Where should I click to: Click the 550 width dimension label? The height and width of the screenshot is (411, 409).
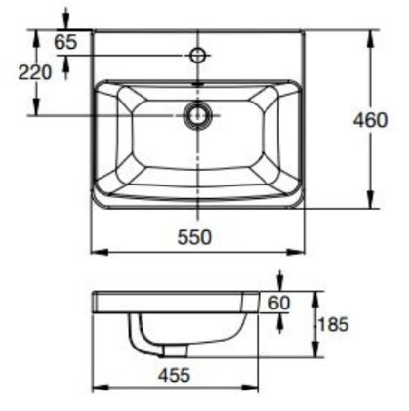pyautogui.click(x=195, y=236)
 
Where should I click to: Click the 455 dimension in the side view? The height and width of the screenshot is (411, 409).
pyautogui.click(x=177, y=374)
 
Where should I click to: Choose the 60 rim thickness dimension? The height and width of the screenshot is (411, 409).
pyautogui.click(x=279, y=303)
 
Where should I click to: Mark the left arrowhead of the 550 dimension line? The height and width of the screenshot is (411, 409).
pyautogui.click(x=96, y=253)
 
